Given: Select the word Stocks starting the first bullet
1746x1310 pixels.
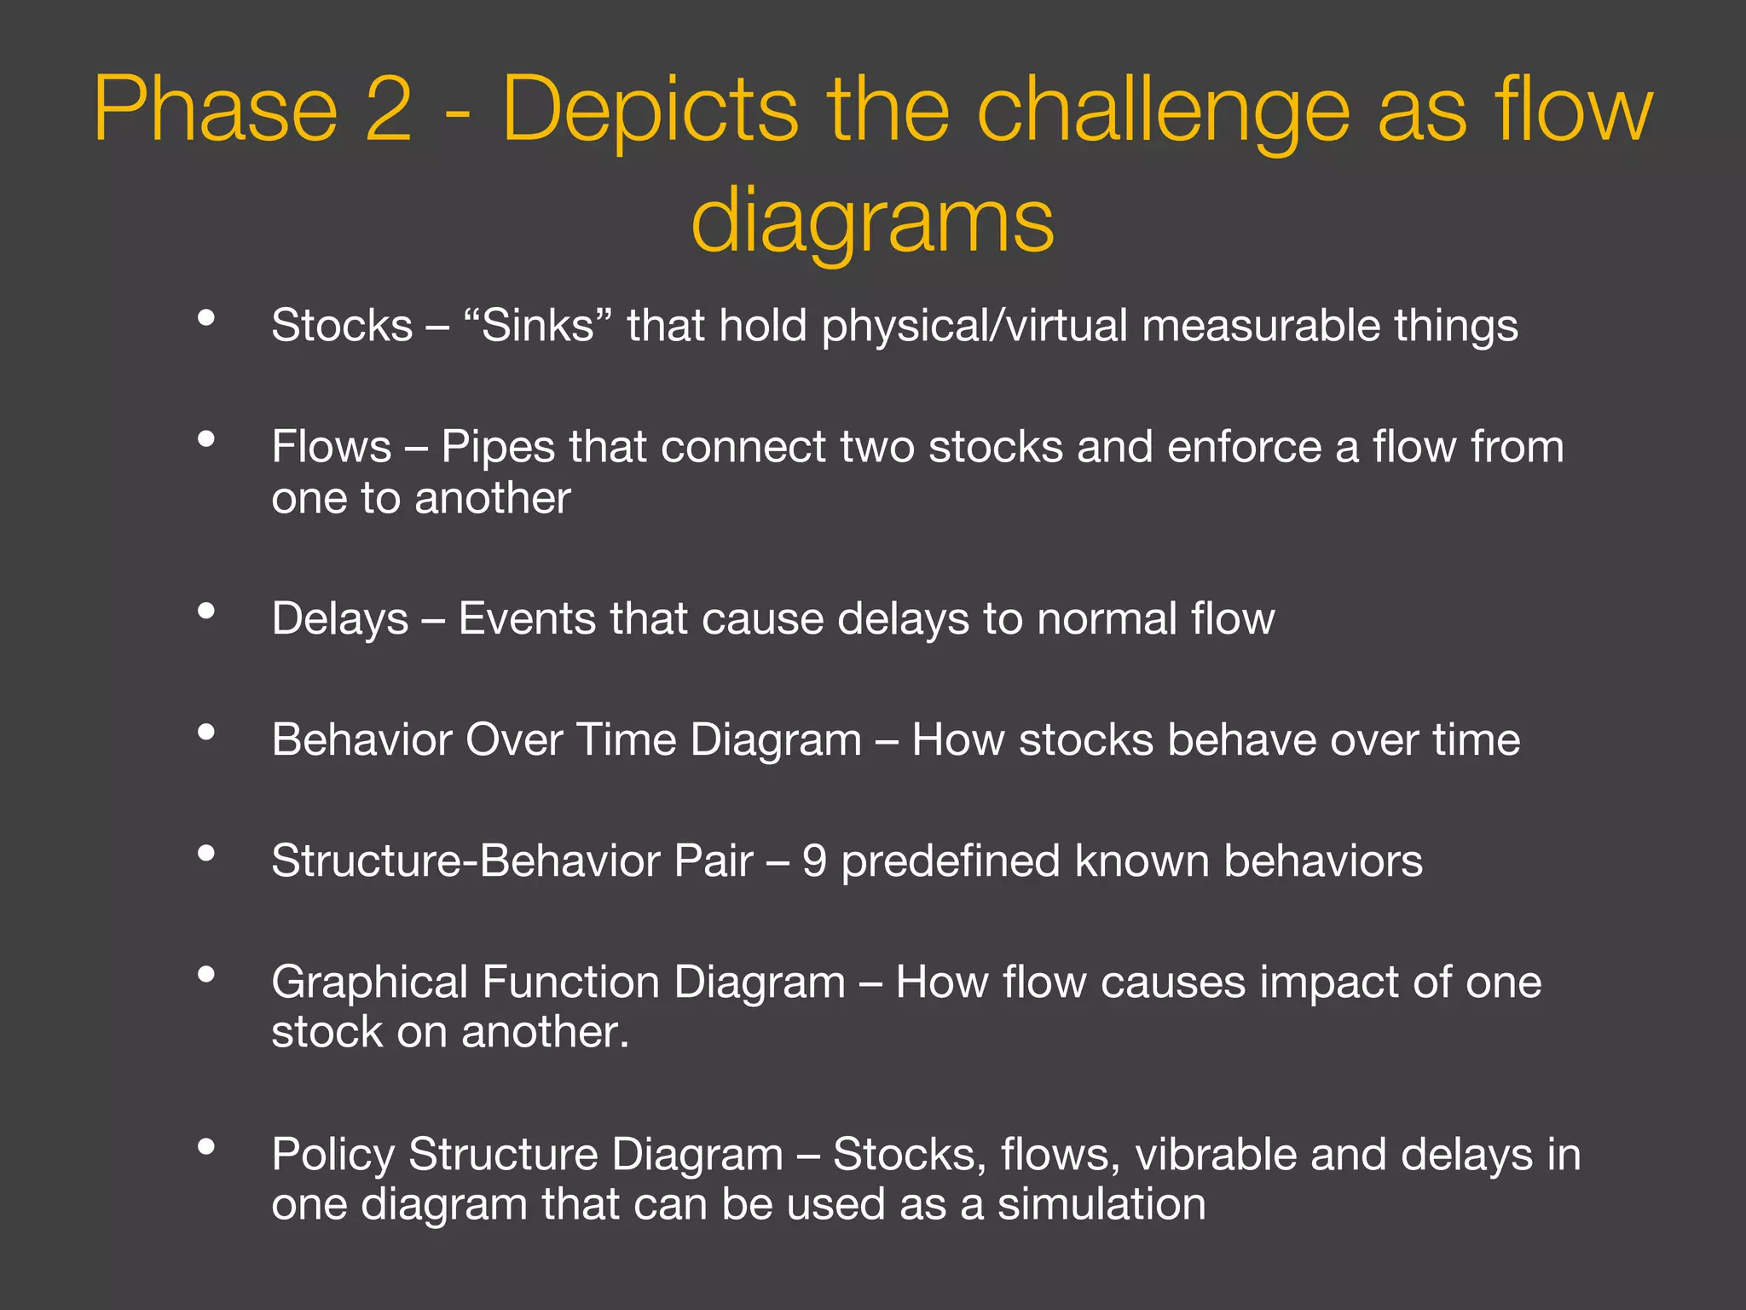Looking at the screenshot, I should click(x=342, y=326).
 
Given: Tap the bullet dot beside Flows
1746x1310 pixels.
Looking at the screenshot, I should click(x=205, y=439).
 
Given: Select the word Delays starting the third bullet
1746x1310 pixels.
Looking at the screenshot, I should click(x=339, y=618).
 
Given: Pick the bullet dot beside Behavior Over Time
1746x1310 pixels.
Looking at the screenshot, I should click(x=205, y=732).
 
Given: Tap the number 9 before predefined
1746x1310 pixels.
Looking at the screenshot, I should click(x=814, y=861).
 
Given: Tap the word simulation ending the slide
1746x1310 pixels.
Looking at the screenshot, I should click(x=1101, y=1204).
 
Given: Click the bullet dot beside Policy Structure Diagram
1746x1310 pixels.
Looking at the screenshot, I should click(x=205, y=1146).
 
